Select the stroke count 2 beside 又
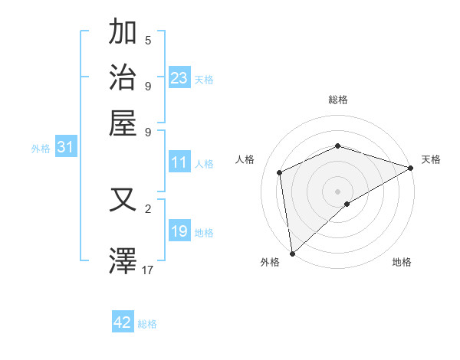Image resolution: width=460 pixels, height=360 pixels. (148, 208)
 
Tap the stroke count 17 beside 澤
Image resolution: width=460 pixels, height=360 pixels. (148, 269)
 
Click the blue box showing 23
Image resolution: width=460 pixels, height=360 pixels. (179, 78)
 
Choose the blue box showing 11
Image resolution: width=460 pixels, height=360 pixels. (179, 162)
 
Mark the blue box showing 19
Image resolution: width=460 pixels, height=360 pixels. (179, 231)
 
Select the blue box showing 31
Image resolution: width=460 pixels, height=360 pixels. (65, 147)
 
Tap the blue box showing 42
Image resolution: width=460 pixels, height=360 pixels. (123, 322)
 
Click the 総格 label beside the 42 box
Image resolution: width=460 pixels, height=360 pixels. (147, 324)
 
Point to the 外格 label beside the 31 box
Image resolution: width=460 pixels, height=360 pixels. (41, 149)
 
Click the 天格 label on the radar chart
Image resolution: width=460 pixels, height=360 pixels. (431, 159)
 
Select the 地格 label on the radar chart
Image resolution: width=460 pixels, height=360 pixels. (402, 263)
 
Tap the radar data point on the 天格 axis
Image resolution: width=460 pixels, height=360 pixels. (410, 169)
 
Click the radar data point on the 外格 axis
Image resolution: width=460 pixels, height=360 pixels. (292, 254)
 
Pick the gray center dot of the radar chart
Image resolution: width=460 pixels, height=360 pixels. (337, 191)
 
